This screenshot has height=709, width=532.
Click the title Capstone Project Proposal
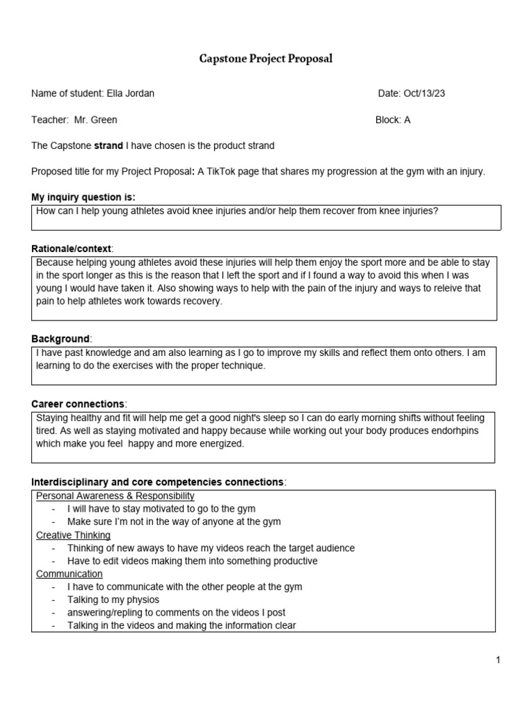[266, 59]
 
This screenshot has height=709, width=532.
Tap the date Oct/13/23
[423, 93]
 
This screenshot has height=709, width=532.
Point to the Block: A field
[393, 120]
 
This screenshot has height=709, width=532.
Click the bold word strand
[108, 145]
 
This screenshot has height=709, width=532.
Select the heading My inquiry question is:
[83, 197]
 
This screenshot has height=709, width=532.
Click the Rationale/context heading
[72, 249]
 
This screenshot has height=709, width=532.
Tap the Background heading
[61, 339]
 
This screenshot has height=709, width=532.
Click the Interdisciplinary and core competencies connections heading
[158, 482]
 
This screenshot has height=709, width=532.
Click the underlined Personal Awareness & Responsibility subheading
[115, 496]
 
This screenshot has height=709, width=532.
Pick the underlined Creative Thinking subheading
[73, 535]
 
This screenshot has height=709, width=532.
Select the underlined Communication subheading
[69, 574]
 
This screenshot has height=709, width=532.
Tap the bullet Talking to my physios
[113, 600]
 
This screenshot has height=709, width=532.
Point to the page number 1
[497, 661]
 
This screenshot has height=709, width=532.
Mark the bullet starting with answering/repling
[176, 613]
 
